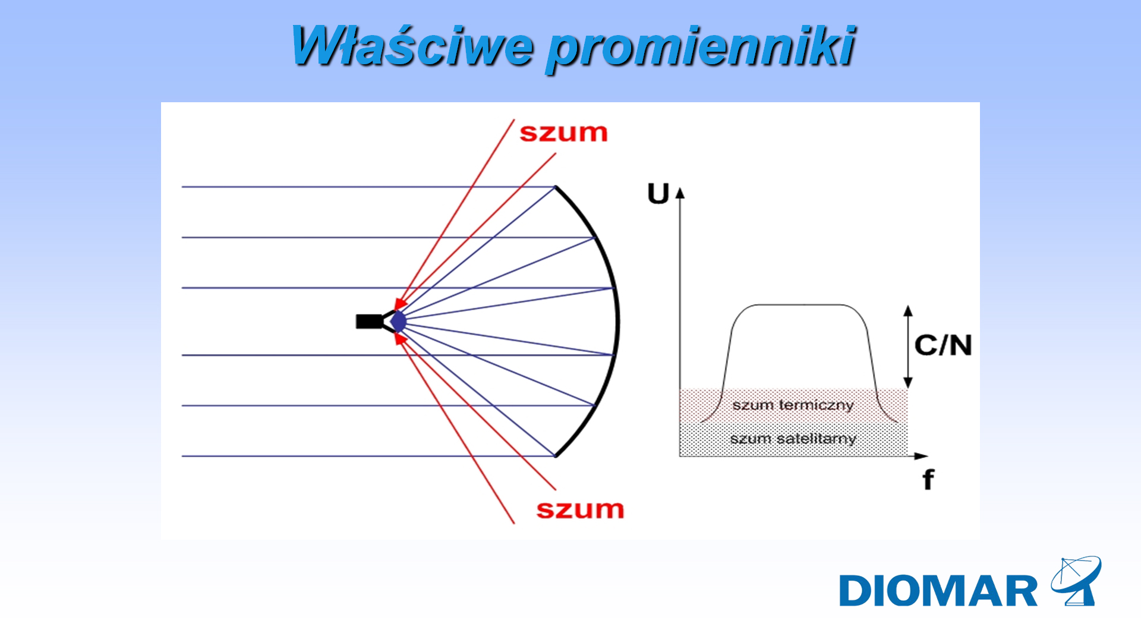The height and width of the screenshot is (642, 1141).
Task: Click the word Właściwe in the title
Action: coord(412,45)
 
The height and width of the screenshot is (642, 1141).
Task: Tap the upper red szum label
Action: coord(563,133)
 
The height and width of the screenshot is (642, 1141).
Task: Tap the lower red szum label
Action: coord(580,509)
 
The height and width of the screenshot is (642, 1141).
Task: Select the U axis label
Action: coord(658,194)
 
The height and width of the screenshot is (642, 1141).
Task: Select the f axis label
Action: coord(928,480)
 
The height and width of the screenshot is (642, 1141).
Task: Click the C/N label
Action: coord(943,345)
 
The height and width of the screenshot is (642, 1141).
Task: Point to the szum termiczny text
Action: coord(793,405)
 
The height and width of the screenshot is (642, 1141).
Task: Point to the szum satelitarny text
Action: coord(793,439)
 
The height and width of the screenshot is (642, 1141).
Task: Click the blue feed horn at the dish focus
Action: coord(398,322)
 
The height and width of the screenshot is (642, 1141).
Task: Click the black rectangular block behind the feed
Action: coord(369,322)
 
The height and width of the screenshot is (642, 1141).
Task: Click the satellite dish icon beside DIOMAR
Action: coord(1076,581)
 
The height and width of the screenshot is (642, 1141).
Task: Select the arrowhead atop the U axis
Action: coord(680,193)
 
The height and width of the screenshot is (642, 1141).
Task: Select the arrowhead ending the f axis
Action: coord(921,456)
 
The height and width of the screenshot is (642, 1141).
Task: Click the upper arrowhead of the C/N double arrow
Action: coord(908,310)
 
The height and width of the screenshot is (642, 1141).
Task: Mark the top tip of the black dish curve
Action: coord(555,187)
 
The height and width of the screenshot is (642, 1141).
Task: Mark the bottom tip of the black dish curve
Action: coord(555,456)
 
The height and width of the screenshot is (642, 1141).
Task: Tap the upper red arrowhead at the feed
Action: coord(401,303)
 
